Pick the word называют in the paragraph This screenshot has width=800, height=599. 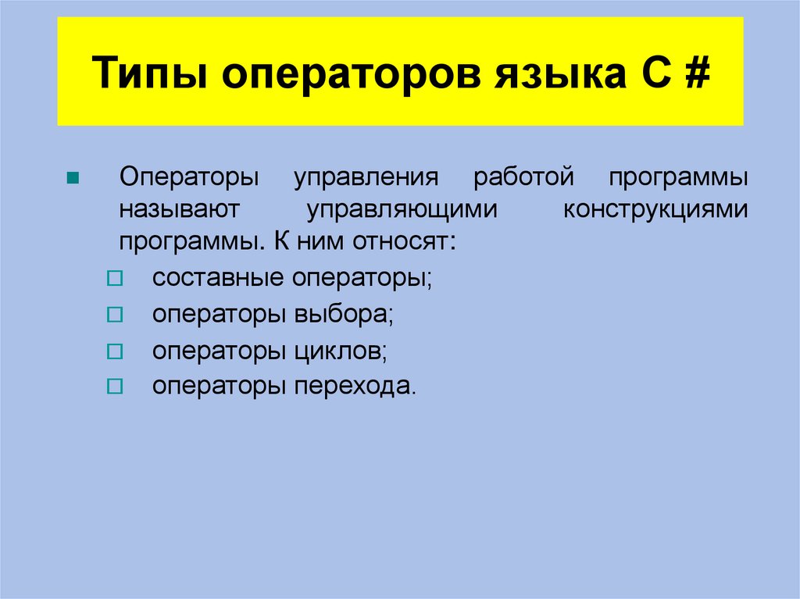178,209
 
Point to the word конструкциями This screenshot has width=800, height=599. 655,209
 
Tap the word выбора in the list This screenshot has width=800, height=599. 344,315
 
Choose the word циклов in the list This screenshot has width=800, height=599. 341,351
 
